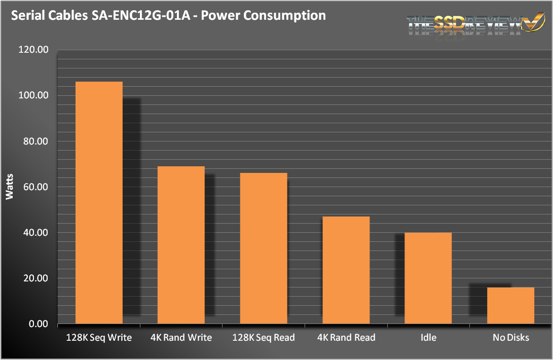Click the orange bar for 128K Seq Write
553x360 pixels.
[99, 202]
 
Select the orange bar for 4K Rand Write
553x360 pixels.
[181, 245]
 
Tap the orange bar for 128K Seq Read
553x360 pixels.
[264, 248]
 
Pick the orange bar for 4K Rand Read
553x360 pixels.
[346, 270]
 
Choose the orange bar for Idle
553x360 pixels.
[428, 278]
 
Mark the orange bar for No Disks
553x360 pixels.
[510, 305]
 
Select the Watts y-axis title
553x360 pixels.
[10, 187]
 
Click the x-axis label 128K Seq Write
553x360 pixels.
[99, 338]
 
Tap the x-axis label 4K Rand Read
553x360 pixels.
[346, 338]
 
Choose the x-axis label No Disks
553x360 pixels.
[510, 338]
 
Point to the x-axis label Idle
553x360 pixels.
[428, 338]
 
